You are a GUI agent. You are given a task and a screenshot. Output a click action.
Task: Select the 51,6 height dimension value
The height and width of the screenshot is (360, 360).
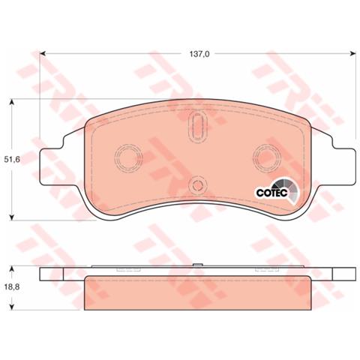coord(13,160)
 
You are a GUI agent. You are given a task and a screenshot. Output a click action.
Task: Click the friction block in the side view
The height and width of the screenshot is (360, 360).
coord(197,293)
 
